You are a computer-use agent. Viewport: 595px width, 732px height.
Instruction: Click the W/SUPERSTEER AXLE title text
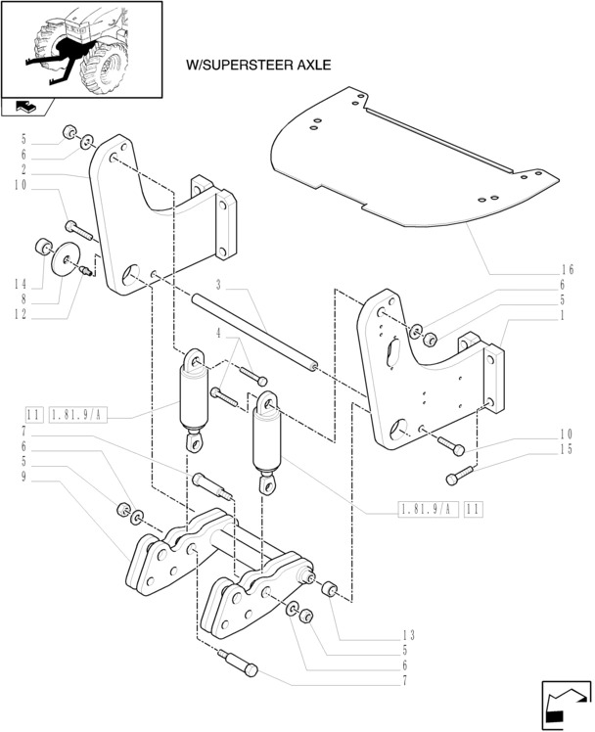pos(258,66)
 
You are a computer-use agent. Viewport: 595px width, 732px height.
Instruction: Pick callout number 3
pos(219,284)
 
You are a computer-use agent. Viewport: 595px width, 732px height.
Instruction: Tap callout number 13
pos(408,634)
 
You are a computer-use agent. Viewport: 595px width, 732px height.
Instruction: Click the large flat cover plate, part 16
pos(411,166)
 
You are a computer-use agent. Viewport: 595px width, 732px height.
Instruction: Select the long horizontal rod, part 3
pos(254,333)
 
